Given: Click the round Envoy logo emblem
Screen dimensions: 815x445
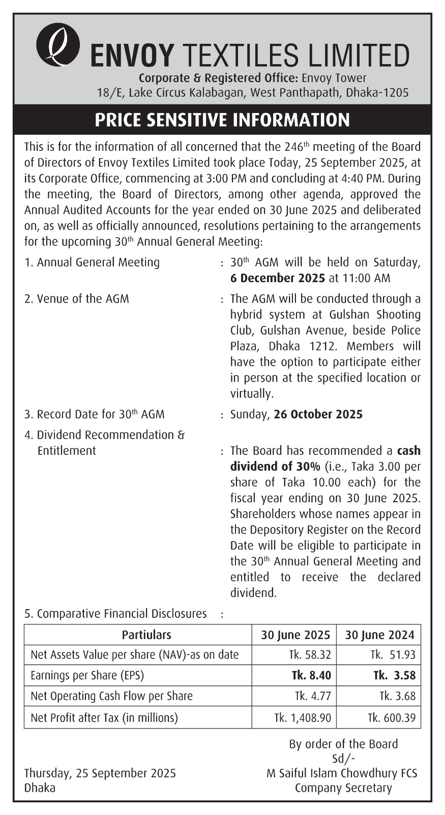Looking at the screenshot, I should point(57,45).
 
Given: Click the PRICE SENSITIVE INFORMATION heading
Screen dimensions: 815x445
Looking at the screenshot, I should point(222,120).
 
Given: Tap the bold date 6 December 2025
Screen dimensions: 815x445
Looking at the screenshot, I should point(278,278).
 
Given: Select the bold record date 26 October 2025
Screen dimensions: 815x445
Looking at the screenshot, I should point(318,414).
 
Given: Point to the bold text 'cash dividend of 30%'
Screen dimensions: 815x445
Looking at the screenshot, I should point(325,458).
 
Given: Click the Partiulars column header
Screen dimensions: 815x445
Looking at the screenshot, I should point(146,635).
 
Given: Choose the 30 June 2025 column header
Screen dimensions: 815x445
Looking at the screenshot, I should point(295,635).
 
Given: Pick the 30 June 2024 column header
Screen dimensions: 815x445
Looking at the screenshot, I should point(379,635).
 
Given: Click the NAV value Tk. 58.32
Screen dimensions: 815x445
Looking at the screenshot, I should point(310,655).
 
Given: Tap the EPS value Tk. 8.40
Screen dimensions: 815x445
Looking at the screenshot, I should point(311,675).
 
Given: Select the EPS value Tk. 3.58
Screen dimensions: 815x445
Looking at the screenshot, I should point(394,675).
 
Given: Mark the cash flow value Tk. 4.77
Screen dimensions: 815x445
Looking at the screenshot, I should point(313,696).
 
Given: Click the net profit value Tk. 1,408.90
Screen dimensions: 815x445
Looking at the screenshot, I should point(303,718).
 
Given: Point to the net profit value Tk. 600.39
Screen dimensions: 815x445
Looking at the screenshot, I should point(392,718).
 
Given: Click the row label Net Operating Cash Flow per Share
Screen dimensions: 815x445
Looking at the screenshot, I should point(111,696).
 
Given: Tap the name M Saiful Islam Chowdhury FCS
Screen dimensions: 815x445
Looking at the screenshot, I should point(342,773).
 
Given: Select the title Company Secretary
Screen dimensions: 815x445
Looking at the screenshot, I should point(343,788).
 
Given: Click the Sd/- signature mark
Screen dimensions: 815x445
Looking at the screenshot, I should point(343,758).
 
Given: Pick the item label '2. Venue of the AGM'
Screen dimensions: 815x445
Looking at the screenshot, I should point(77,298).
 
